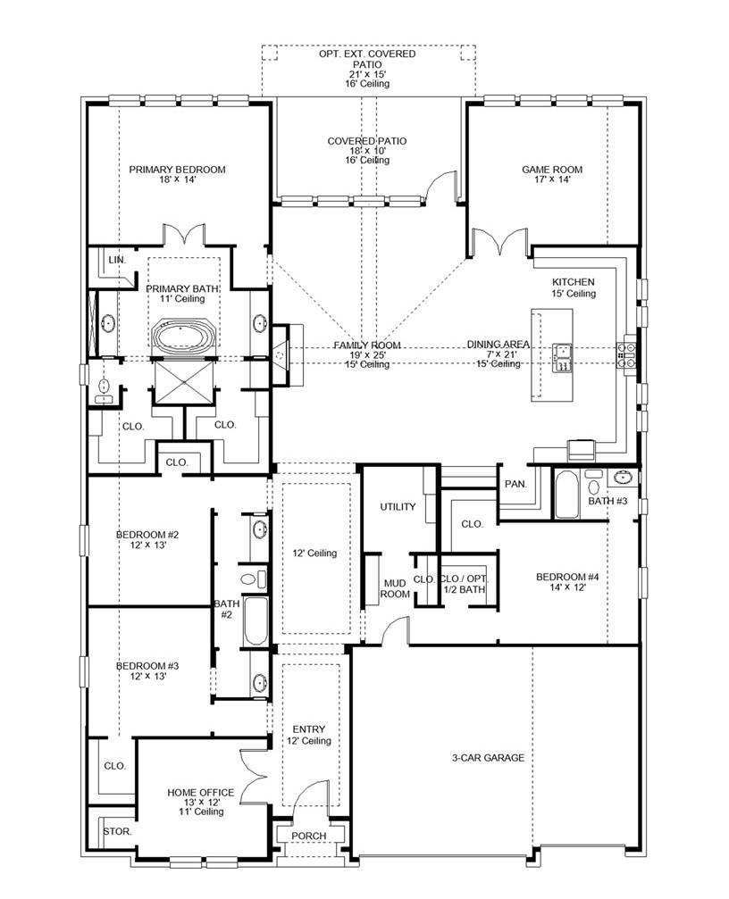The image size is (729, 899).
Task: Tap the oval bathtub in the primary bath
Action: pos(183,338)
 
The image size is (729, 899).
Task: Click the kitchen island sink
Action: pos(562,356)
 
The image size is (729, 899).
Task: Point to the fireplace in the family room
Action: pos(281,354)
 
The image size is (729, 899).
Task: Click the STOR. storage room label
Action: pos(116,831)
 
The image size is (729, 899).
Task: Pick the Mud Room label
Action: pos(395,588)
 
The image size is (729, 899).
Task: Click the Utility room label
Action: pos(398,507)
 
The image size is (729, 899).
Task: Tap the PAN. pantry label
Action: pos(515,485)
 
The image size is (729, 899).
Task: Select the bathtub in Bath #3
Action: pos(566,495)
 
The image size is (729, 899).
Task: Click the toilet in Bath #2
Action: pos(258,578)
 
